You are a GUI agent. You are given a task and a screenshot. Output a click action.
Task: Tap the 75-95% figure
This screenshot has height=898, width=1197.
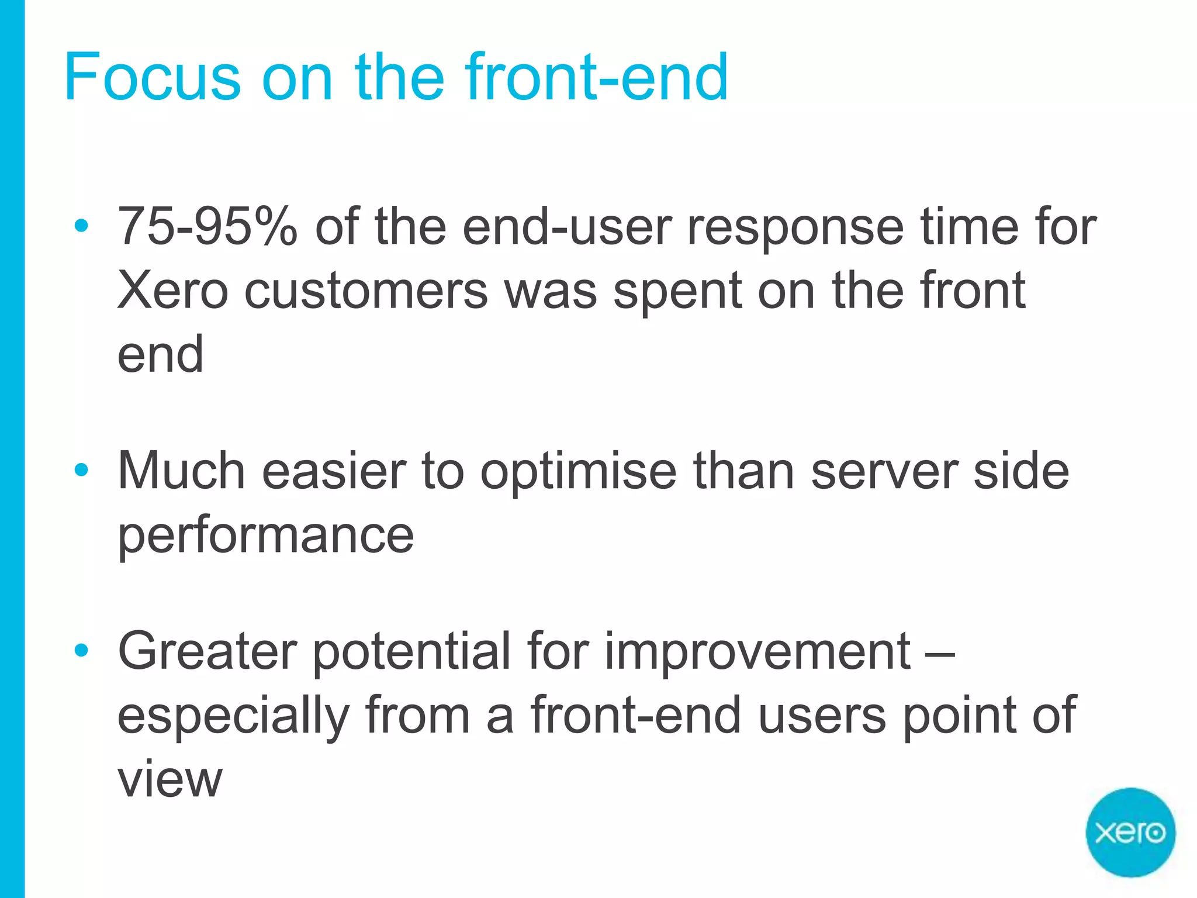tap(207, 226)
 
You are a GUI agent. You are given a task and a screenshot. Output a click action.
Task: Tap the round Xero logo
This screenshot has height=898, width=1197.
tap(1130, 832)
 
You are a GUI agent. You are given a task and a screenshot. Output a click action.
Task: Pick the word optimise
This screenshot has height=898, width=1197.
tap(578, 472)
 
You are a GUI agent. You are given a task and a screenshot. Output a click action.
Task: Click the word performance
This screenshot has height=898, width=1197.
tap(266, 536)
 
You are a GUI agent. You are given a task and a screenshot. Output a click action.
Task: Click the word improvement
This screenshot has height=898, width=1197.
tap(757, 652)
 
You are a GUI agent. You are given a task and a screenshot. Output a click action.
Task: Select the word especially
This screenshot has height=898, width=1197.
tap(234, 717)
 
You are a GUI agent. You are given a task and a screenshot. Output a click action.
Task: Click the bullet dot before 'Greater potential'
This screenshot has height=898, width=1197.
tap(81, 650)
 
